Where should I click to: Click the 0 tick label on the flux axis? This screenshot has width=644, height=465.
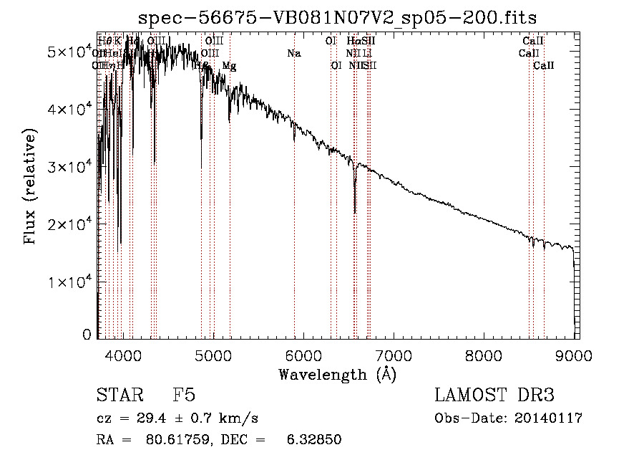coord(87,334)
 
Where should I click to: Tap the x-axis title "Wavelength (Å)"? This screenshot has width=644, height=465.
coord(337,374)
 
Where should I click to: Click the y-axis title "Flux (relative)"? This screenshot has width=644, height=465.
coord(30,186)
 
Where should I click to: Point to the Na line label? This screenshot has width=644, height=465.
coord(293,53)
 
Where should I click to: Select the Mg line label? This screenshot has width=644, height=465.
coord(229,66)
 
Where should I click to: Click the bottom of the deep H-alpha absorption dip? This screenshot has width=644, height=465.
coord(355,212)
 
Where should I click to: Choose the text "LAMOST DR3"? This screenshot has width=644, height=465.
coord(494,396)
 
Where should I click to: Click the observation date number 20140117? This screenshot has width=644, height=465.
coord(547,418)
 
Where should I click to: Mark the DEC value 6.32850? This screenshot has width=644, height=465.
coord(315,439)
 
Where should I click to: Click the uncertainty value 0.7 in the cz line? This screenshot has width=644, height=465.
coord(203,418)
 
